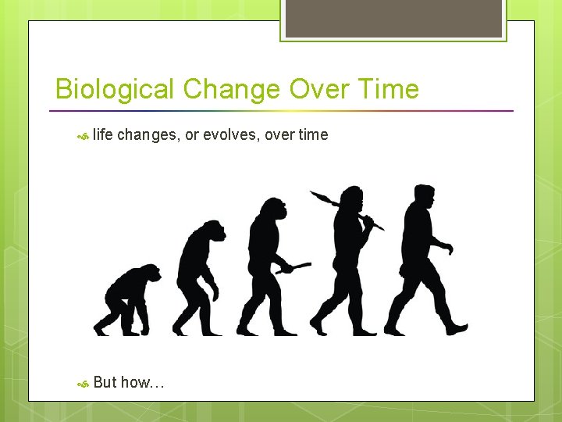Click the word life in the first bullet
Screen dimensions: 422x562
coord(103,135)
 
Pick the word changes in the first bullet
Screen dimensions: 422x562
coord(148,135)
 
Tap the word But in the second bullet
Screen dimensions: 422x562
coord(105,382)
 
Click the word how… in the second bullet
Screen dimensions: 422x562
coord(143,382)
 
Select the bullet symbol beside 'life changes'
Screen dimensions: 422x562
coord(82,136)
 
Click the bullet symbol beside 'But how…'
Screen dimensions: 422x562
coord(82,383)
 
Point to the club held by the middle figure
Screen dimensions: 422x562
coord(295,268)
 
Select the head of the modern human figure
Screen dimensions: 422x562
coord(424,198)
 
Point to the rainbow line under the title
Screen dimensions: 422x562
coord(284,110)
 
